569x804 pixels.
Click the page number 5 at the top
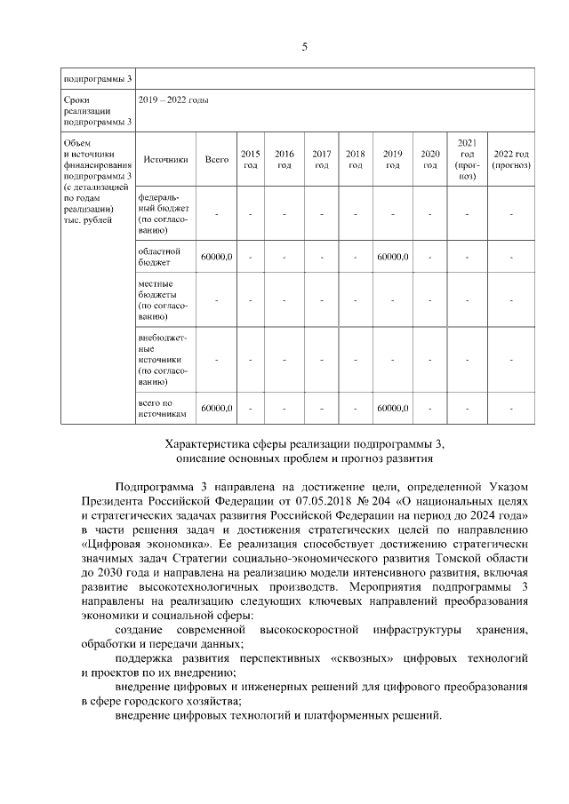pos(304,47)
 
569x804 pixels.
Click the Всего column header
pos(216,160)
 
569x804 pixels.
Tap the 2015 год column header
pos(251,160)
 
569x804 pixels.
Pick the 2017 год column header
pos(322,160)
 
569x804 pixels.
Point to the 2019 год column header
pos(392,160)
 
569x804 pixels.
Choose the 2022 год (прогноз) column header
pos(511,160)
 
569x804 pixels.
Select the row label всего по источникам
pos(161,409)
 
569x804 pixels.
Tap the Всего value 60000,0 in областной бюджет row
pos(217,258)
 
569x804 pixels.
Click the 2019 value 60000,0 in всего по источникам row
pos(392,409)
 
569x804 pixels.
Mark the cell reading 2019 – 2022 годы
pos(181,101)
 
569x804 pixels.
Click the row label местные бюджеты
pos(160,299)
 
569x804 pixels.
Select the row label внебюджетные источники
pos(160,360)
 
